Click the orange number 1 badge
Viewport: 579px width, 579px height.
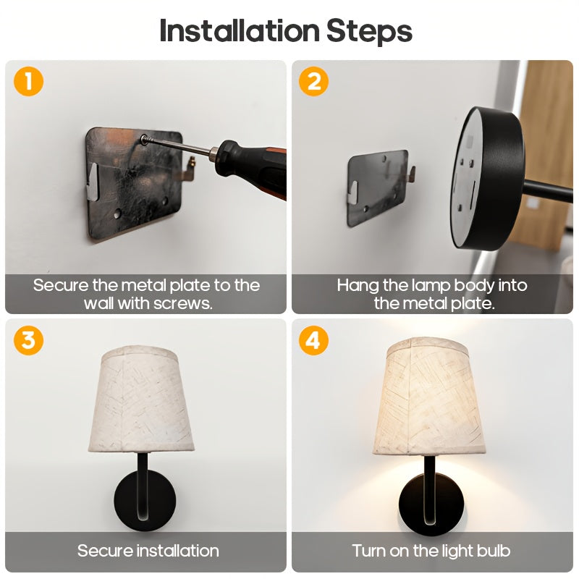tap(28, 81)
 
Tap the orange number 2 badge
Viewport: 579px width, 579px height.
tap(313, 81)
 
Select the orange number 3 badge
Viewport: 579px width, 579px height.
tap(28, 340)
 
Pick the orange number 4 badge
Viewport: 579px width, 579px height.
tap(313, 340)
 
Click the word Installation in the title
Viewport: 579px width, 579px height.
tap(240, 31)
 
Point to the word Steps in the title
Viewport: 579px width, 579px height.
tap(369, 32)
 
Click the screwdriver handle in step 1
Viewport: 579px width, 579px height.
tap(252, 167)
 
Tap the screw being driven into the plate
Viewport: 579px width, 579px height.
tap(144, 139)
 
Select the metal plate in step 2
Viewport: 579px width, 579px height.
tap(378, 188)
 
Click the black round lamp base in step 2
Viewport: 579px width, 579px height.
tap(486, 179)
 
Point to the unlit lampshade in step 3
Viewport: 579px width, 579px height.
tap(141, 400)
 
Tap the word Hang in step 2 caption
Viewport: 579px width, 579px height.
tap(358, 286)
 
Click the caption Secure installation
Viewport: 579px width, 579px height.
tap(148, 551)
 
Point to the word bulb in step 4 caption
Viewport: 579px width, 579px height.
tap(493, 551)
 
